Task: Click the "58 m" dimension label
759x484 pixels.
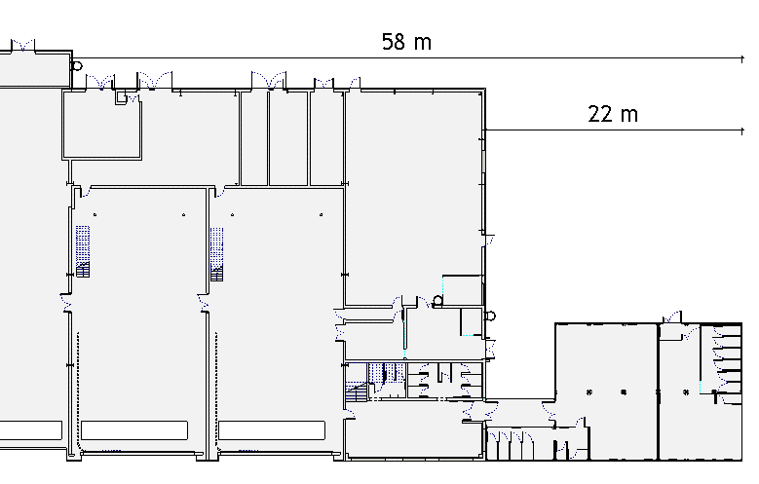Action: coord(406,42)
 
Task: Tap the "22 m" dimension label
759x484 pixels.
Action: coord(613,114)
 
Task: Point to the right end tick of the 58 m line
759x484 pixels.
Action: coord(742,58)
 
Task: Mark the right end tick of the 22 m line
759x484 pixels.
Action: coord(742,130)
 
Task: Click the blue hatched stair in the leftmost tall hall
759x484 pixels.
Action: coord(83,251)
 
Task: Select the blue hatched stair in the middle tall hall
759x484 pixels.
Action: coord(217,254)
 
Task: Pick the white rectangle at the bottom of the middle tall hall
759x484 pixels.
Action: coord(272,430)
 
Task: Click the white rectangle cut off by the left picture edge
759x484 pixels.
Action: coord(31,430)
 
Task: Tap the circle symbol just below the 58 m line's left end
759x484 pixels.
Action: coord(77,66)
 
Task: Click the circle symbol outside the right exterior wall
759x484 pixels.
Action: coord(490,316)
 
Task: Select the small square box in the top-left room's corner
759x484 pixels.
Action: coord(121,97)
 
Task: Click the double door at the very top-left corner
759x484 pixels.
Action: coord(22,45)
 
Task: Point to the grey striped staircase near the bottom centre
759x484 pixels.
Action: coord(357,391)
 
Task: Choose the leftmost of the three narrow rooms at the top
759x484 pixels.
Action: coord(254,138)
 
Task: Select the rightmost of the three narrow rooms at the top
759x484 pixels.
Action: coord(326,138)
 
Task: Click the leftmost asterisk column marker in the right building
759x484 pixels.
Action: coord(589,392)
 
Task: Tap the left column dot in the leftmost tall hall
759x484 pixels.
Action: coord(95,214)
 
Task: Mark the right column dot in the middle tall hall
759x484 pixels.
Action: coord(321,214)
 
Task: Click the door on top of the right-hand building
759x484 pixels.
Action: coord(672,317)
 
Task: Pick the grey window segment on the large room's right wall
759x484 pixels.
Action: coord(483,161)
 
